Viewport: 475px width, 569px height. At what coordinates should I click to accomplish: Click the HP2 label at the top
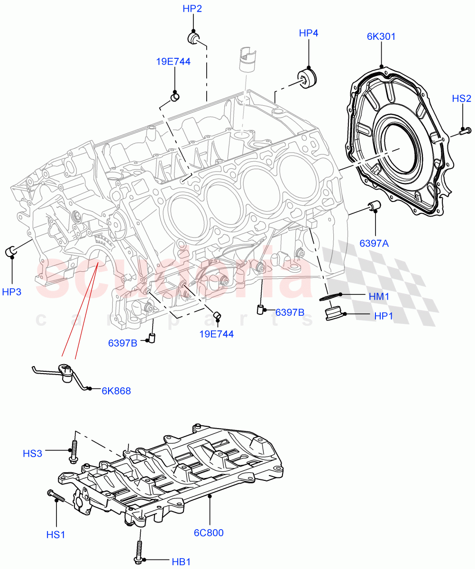pyautogui.click(x=192, y=9)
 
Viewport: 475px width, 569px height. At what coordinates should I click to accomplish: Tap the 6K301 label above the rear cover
pyautogui.click(x=381, y=37)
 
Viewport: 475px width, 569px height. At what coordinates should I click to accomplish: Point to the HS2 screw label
pyautogui.click(x=461, y=99)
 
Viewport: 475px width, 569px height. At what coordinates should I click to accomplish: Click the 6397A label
pyautogui.click(x=374, y=243)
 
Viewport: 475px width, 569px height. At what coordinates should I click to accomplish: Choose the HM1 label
pyautogui.click(x=379, y=296)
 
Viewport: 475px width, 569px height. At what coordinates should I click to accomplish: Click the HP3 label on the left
pyautogui.click(x=11, y=292)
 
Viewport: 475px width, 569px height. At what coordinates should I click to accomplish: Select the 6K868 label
pyautogui.click(x=116, y=391)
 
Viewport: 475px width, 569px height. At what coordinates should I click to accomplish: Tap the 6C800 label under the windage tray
pyautogui.click(x=209, y=532)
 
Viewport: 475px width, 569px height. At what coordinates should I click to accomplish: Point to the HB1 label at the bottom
pyautogui.click(x=181, y=562)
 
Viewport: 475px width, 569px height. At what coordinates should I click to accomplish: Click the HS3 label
pyautogui.click(x=33, y=454)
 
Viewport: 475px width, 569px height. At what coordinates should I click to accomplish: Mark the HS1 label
pyautogui.click(x=55, y=534)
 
